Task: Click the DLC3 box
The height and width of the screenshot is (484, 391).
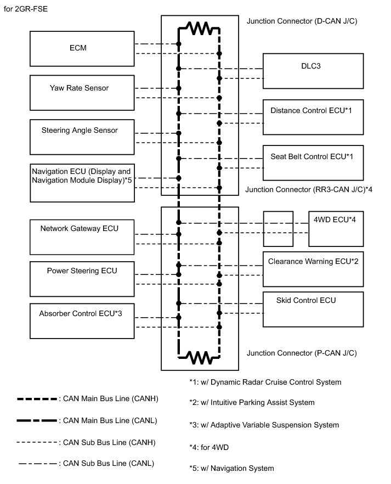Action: tap(313, 71)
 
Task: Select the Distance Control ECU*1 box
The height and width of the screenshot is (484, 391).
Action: tap(313, 116)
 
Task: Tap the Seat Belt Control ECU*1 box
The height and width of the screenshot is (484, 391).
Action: tap(313, 162)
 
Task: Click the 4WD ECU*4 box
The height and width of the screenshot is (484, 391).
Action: tap(336, 228)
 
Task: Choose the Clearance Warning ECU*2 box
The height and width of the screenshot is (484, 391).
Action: tap(313, 268)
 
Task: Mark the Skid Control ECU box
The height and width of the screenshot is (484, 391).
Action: tap(313, 309)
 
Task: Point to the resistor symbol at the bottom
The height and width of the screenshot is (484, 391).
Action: tap(199, 358)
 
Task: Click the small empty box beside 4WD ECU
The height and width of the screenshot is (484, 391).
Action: tap(279, 228)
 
